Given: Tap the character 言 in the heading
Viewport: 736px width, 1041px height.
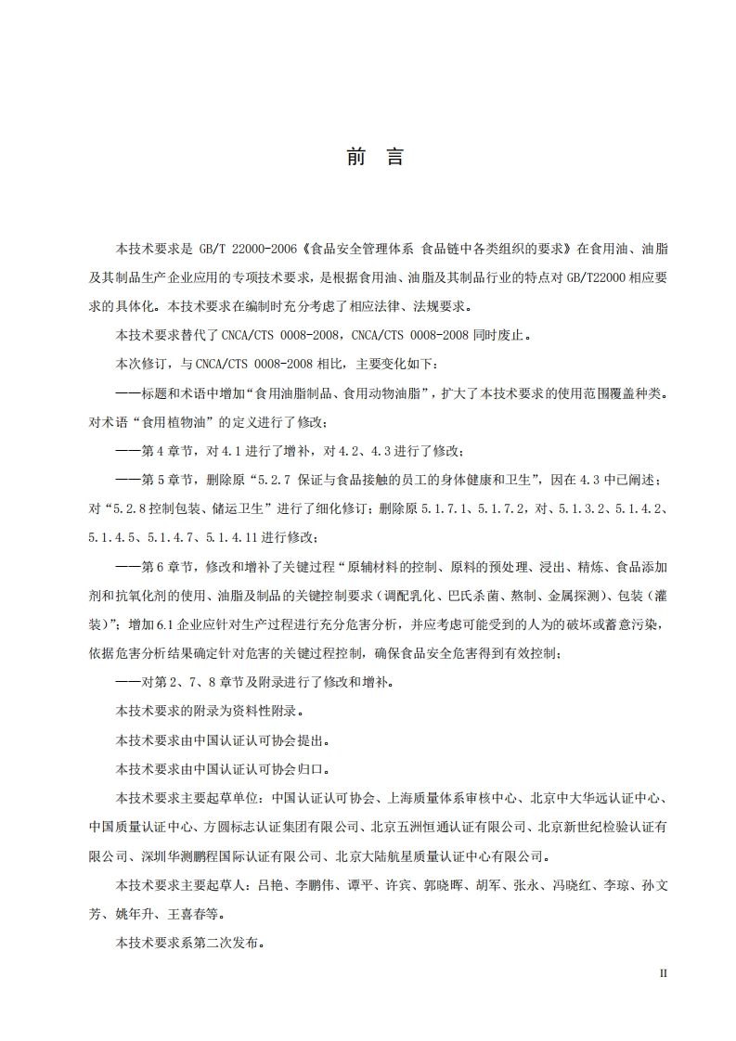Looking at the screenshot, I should [x=395, y=157].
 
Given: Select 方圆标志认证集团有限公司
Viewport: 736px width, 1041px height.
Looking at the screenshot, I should [x=281, y=826].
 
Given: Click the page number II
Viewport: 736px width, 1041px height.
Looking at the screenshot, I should [x=663, y=973].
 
